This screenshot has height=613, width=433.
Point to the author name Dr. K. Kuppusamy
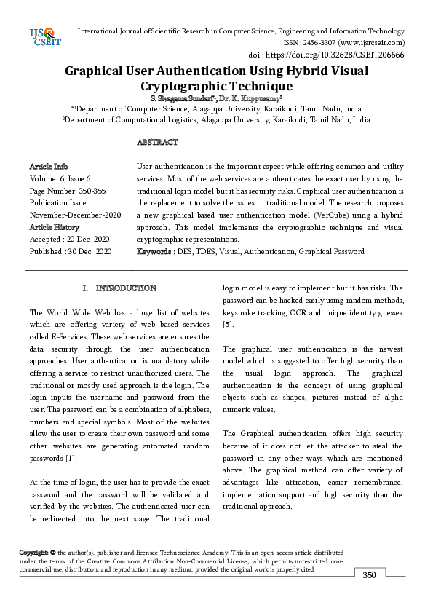(x=252, y=98)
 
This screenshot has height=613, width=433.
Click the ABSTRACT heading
(x=157, y=142)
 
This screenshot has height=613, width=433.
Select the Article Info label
(x=49, y=167)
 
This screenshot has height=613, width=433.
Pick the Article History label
(x=55, y=227)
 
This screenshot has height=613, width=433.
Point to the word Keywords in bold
(x=155, y=251)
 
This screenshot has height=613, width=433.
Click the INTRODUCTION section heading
(x=126, y=288)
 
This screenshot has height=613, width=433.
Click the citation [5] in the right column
(x=228, y=324)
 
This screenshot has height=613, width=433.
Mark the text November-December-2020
(x=76, y=215)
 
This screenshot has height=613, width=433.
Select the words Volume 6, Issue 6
(x=60, y=178)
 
